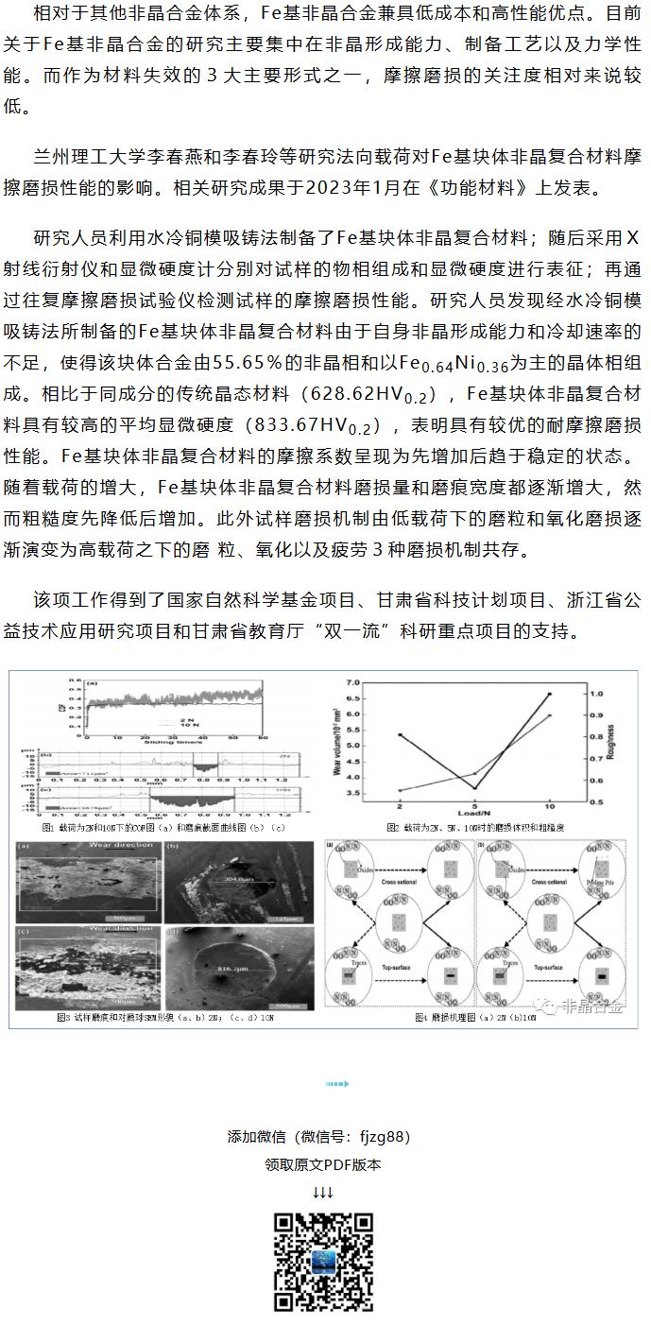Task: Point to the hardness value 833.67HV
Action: coord(305,423)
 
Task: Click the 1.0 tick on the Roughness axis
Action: coord(597,694)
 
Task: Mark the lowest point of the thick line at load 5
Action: coord(474,787)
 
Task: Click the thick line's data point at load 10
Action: coord(550,694)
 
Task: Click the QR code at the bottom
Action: coord(323,1263)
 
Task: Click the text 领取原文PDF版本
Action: coord(323,1165)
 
